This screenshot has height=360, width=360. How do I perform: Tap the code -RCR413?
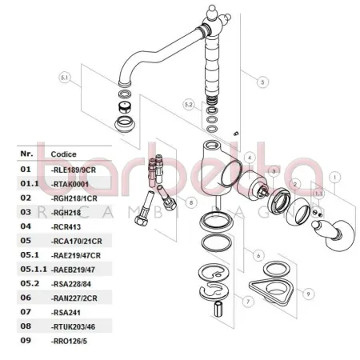(67, 226)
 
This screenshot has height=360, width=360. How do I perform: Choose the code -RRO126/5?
(71, 340)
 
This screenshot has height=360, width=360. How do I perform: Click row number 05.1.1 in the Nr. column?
(30, 268)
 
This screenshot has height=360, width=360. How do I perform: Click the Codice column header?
(63, 153)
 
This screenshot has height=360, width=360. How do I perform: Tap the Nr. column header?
(26, 153)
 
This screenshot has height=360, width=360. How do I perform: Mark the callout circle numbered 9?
(286, 293)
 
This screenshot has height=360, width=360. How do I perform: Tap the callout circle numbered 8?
(192, 203)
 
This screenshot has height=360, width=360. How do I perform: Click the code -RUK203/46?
(73, 326)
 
